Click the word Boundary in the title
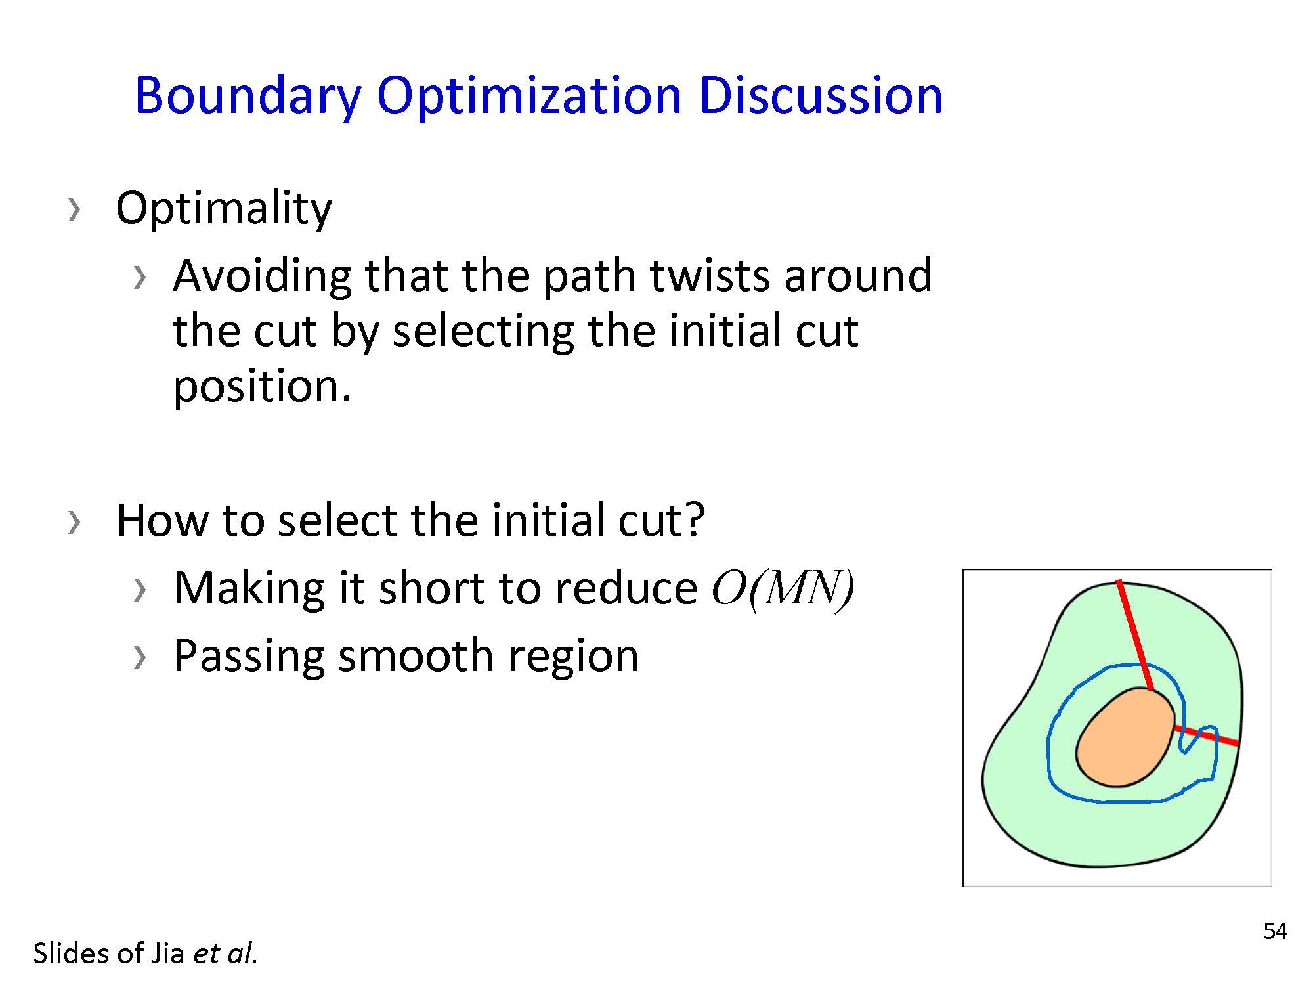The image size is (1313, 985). [x=248, y=96]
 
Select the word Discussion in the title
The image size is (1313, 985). [x=821, y=95]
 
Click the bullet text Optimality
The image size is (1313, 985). [x=224, y=209]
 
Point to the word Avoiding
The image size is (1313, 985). [x=263, y=276]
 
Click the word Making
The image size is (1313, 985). [x=249, y=589]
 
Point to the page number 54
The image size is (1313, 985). [x=1275, y=931]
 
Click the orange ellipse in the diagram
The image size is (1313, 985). [x=1125, y=737]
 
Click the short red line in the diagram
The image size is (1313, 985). [x=1206, y=735]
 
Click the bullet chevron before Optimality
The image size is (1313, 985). [x=74, y=209]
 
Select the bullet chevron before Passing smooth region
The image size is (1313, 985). [x=139, y=657]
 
